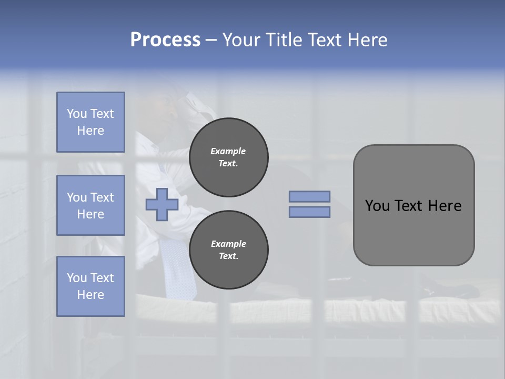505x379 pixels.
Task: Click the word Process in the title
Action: click(165, 40)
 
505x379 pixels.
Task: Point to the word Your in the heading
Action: click(243, 40)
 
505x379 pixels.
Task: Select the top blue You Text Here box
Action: click(90, 122)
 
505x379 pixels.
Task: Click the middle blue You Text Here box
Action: click(90, 205)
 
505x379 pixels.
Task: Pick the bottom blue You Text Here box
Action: click(90, 286)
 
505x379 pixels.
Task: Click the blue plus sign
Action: click(161, 205)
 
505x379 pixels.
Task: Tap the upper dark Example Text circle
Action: click(229, 157)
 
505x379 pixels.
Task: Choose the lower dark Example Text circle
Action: click(229, 250)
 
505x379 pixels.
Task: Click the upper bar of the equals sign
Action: click(309, 196)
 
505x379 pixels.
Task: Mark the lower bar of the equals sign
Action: click(309, 212)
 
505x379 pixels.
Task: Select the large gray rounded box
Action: click(413, 205)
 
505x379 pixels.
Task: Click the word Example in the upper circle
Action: click(228, 151)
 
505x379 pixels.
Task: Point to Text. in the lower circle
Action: click(228, 256)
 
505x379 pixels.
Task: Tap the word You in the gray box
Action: click(377, 206)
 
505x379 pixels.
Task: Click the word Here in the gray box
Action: click(445, 206)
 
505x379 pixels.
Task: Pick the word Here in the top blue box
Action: click(90, 131)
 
